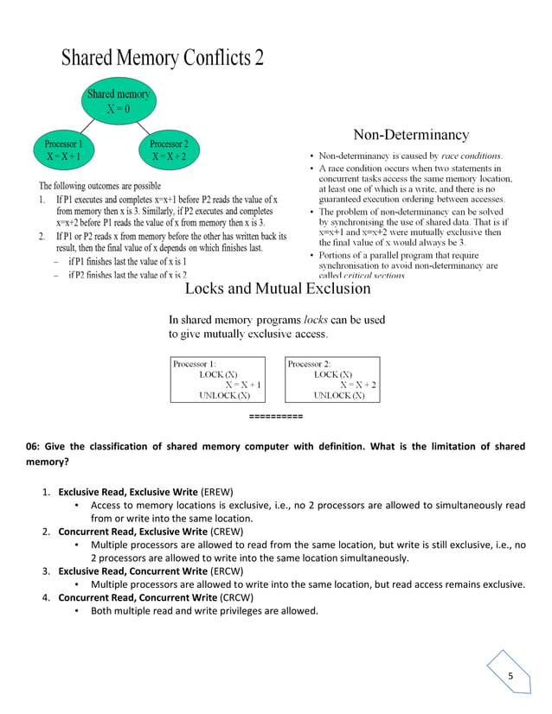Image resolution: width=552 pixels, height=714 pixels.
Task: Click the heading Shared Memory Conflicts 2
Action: (x=162, y=59)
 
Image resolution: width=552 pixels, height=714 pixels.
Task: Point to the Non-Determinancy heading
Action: (x=411, y=134)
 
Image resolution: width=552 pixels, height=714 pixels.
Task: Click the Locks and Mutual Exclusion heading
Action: (x=278, y=289)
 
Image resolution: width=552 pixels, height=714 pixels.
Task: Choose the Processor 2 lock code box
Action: (x=332, y=379)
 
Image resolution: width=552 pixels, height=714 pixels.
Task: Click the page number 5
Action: (x=510, y=675)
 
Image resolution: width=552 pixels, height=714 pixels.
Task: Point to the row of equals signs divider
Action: (x=275, y=417)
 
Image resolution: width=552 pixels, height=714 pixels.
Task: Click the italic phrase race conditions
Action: (x=471, y=156)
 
